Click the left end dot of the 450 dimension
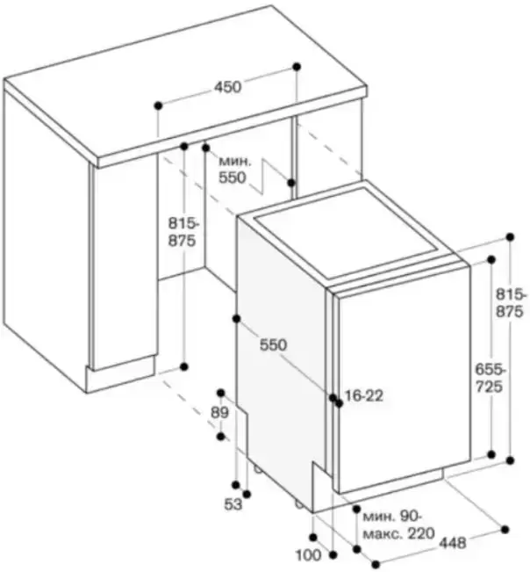click(x=158, y=105)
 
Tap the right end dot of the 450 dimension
click(x=297, y=66)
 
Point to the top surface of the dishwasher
click(x=351, y=233)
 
